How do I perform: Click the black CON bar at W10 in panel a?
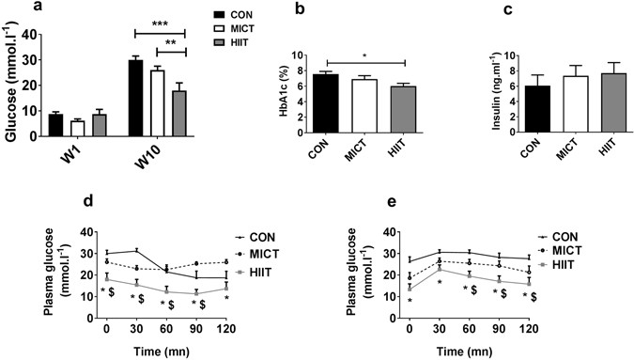(x=135, y=99)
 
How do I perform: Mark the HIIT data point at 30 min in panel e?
(x=441, y=269)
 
